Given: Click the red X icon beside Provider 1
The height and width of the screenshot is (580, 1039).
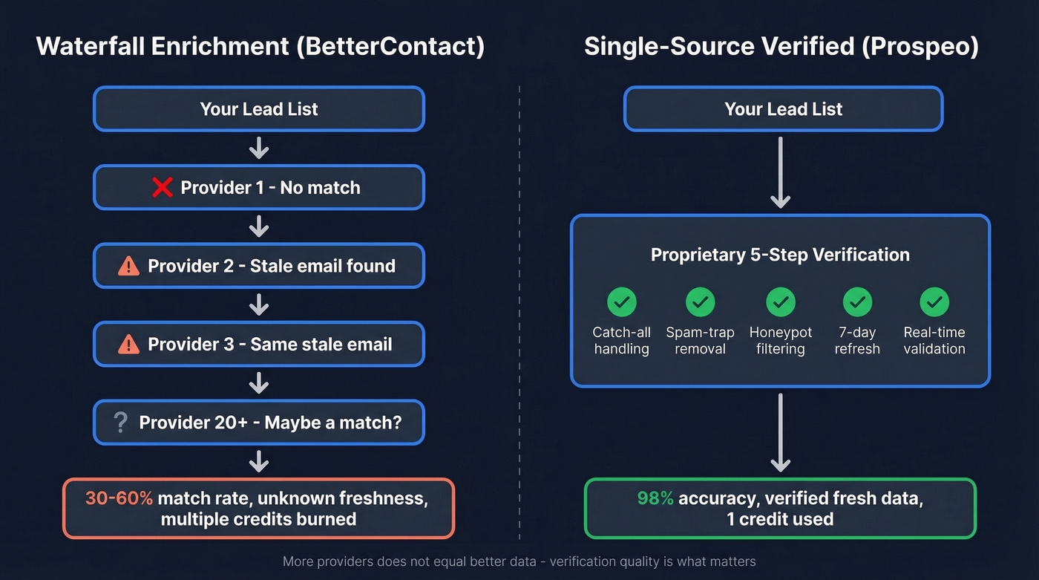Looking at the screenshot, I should pos(162,187).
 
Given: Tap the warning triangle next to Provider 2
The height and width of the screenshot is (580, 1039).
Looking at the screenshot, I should pos(128,266).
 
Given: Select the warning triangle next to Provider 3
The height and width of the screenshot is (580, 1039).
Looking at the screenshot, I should pos(128,345).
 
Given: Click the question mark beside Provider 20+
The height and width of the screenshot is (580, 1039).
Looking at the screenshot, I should pos(120,423).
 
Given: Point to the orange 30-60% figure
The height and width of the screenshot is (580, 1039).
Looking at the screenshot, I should pos(119,498).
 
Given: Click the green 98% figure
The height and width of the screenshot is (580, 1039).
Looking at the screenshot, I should pos(655,498).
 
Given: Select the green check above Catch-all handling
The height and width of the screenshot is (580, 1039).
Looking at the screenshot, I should pos(621,302).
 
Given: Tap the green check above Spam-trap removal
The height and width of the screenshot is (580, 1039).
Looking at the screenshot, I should pos(700,302).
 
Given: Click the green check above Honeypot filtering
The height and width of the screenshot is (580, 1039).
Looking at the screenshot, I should pos(780,302).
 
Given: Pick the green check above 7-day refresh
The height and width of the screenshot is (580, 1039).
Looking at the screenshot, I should pos(857,302).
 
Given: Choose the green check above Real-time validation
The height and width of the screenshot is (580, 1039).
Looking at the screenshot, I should pos(934,302).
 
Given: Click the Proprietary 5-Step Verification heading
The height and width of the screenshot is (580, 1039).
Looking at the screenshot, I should pos(780,255).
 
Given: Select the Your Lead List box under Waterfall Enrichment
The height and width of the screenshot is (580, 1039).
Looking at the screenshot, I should pos(258,109).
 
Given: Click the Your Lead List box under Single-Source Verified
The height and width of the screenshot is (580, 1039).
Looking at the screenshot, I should pos(783,109).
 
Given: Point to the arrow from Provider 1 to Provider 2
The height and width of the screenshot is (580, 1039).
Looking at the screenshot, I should pos(258,226).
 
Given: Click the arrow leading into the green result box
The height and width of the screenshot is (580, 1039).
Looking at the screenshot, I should pos(780,433).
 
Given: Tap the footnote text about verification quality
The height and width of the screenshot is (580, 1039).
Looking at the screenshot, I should pos(519,561).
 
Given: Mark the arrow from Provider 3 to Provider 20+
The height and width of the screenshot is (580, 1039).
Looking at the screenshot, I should pos(258,383).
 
